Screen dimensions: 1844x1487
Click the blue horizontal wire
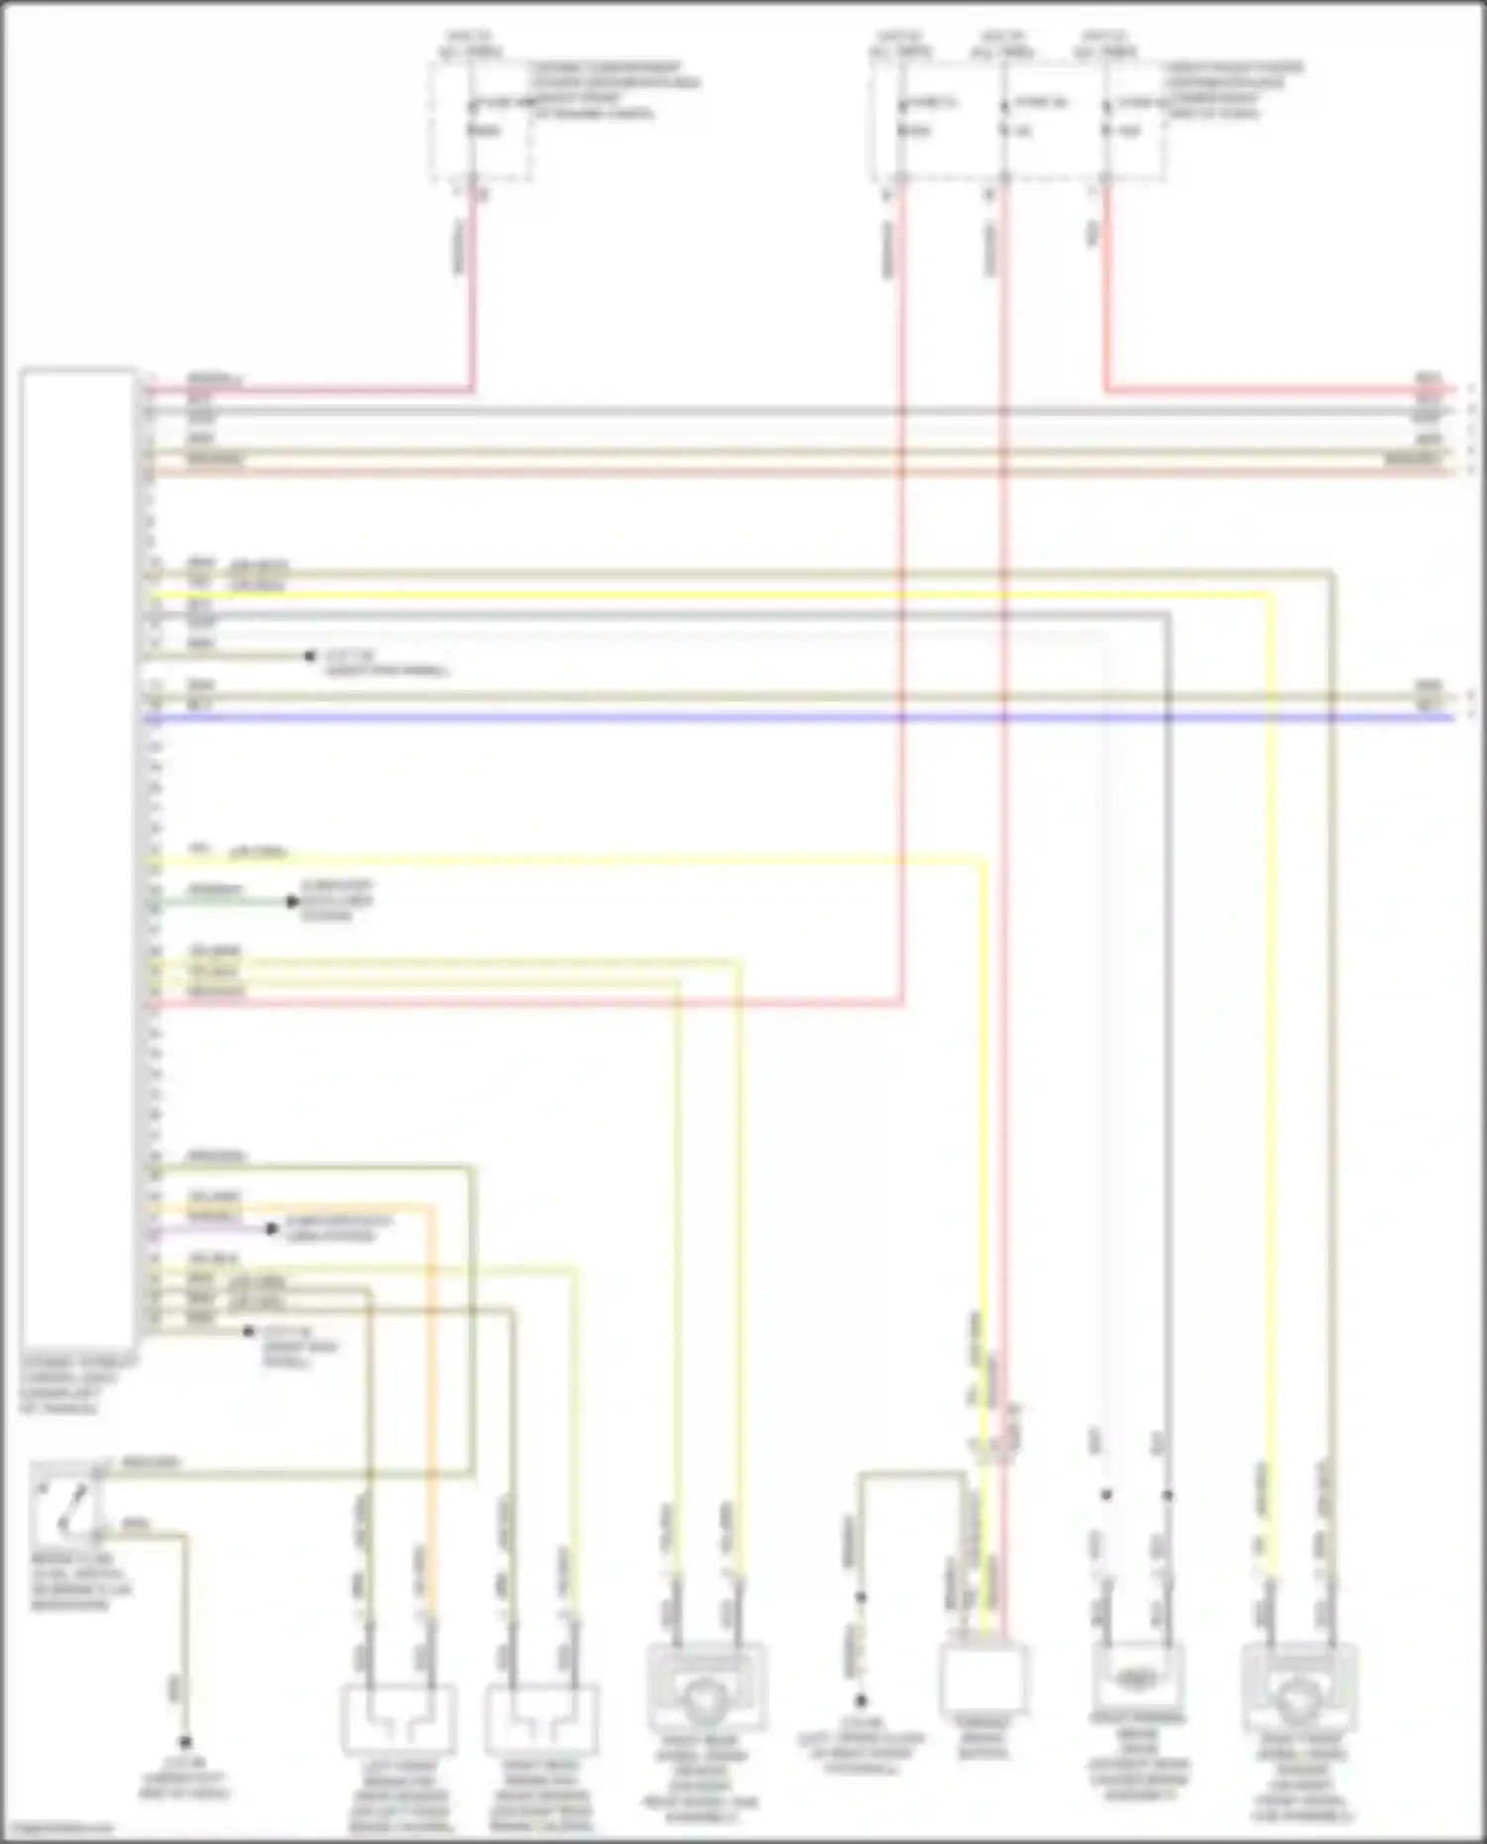(793, 716)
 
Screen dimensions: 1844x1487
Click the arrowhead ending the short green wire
(292, 902)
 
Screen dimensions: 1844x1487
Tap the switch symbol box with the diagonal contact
(66, 1502)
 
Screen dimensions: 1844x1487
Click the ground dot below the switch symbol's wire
(184, 1742)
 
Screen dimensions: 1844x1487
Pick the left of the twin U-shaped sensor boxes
(399, 1720)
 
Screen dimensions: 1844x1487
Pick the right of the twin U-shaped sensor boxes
(541, 1720)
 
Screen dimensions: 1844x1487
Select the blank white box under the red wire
(982, 1681)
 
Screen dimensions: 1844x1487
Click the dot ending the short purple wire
(272, 1229)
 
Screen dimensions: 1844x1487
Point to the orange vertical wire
(433, 1387)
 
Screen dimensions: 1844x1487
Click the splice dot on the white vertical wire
(1106, 1494)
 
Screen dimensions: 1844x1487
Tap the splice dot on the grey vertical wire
(1168, 1494)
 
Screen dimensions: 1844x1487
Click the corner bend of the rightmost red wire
(1106, 389)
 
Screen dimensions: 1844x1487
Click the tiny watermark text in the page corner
(57, 1828)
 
